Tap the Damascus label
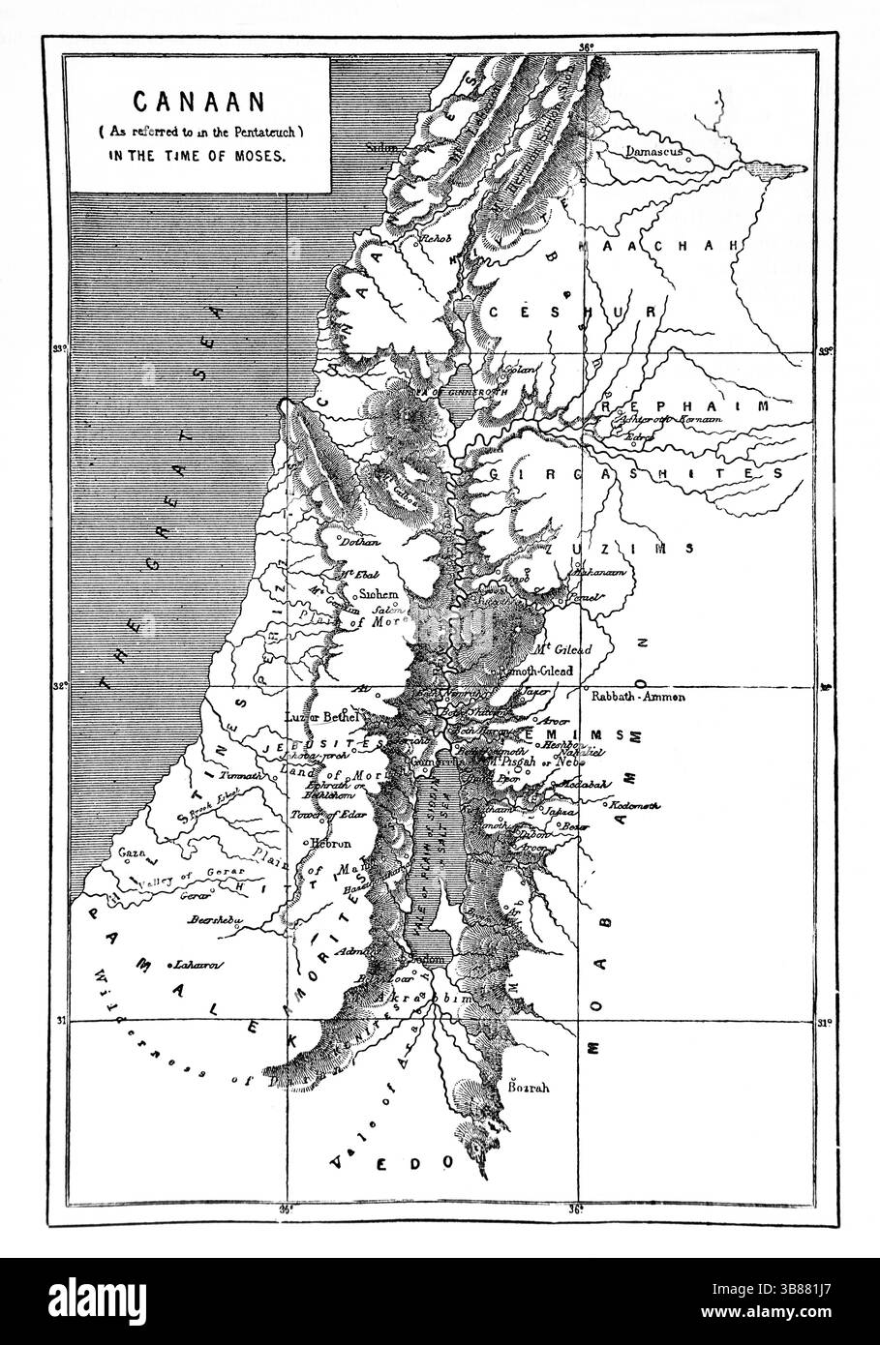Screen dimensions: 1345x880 [654, 152]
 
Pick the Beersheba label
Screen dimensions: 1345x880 [215, 919]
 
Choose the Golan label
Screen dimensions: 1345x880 [519, 370]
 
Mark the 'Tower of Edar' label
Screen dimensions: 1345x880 [327, 815]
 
